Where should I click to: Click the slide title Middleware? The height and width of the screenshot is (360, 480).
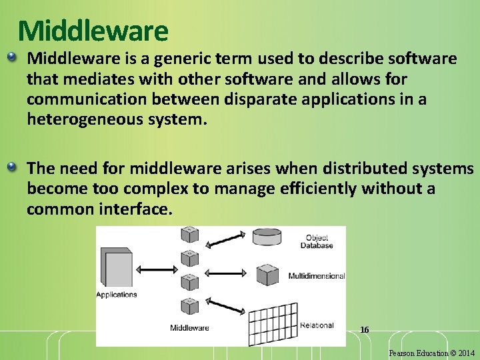tap(93, 31)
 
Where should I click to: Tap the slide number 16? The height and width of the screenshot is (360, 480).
tap(364, 329)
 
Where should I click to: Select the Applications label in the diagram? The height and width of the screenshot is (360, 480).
tap(117, 295)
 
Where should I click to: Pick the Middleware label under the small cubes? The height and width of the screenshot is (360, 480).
tap(189, 327)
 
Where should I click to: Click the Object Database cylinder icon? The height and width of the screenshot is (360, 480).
tap(269, 238)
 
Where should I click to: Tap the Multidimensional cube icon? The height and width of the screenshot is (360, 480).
tap(268, 275)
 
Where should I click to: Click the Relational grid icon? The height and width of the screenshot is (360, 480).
tap(272, 323)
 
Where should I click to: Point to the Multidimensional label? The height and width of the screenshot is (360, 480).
tap(316, 276)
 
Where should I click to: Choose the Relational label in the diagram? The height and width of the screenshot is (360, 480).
tap(317, 325)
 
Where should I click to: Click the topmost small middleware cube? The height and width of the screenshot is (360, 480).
tap(189, 233)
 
